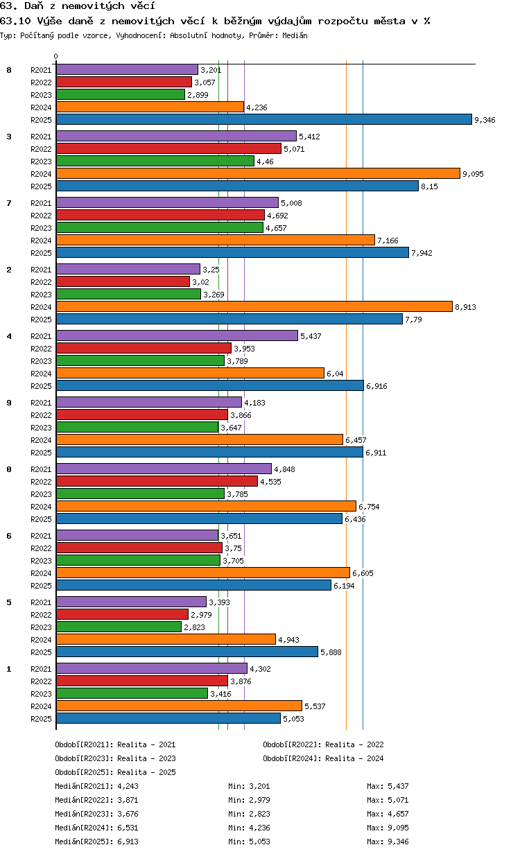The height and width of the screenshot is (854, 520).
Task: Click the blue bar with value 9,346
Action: (x=263, y=120)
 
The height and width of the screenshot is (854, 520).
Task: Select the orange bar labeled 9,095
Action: (x=258, y=174)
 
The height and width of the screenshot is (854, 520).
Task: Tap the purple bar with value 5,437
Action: (x=177, y=336)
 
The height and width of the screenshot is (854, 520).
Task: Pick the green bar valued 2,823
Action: (x=119, y=627)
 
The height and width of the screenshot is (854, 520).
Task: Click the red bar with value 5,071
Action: (x=168, y=148)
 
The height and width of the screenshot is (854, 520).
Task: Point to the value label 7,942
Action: (x=422, y=253)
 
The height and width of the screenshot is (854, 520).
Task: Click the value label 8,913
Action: (x=465, y=307)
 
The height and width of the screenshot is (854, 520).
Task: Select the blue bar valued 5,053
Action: (x=168, y=719)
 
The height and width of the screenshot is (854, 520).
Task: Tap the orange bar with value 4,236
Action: (x=150, y=107)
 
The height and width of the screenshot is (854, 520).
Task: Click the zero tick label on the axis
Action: (x=56, y=56)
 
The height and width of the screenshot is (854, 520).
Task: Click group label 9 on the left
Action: (x=9, y=403)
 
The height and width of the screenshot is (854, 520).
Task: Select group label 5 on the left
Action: (x=9, y=602)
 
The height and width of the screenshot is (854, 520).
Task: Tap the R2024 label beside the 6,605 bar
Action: (x=41, y=573)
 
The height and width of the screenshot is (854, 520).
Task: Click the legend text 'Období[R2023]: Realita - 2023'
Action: (x=115, y=758)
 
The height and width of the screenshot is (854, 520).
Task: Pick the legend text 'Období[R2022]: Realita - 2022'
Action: (x=323, y=744)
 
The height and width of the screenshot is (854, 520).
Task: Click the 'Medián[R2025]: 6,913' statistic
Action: (x=96, y=842)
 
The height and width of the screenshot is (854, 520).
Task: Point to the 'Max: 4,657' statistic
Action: (x=388, y=814)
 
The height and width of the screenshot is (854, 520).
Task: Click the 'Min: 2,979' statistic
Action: (x=249, y=800)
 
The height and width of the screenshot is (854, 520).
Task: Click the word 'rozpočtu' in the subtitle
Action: (x=343, y=21)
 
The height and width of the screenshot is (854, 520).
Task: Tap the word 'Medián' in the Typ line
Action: (x=295, y=35)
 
